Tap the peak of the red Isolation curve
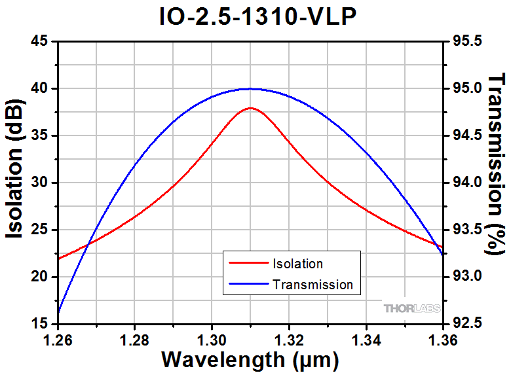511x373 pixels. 250,108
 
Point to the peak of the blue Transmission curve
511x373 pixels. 250,89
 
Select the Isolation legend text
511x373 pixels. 297,264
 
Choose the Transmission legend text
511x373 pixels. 312,285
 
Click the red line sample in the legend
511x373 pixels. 248,264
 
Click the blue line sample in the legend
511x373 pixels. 248,285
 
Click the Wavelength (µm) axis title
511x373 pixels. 250,360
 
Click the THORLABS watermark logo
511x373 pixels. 411,308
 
